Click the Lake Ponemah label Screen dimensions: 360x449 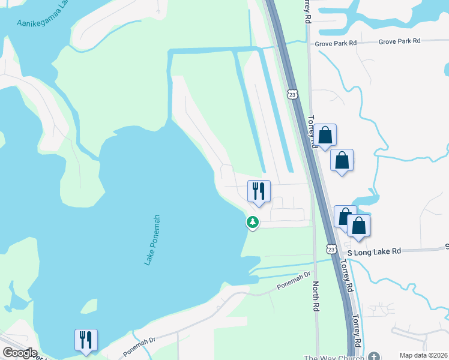[151, 240]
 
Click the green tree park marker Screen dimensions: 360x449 [253, 223]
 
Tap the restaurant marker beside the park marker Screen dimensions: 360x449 [259, 192]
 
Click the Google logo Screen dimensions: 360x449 [20, 353]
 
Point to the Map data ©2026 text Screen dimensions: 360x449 [423, 355]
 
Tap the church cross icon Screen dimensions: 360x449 [375, 357]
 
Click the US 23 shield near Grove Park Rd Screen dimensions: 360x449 [292, 94]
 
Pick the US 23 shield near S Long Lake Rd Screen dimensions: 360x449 [331, 248]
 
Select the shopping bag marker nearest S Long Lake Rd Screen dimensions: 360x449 [358, 226]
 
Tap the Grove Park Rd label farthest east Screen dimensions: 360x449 [399, 41]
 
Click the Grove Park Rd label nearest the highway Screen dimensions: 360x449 [336, 43]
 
